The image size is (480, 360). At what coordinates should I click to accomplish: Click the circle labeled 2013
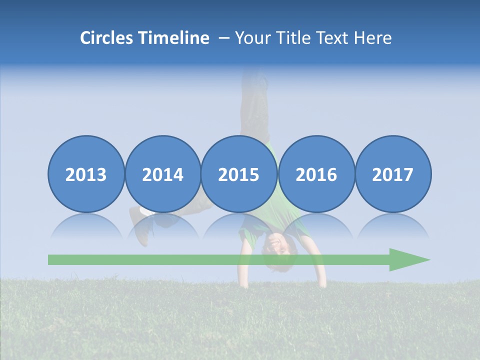86,174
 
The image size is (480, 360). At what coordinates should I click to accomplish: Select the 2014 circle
162,174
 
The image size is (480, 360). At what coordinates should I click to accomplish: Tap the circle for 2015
239,174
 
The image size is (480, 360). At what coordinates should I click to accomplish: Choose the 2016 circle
316,174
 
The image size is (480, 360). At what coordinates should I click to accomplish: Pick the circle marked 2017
392,174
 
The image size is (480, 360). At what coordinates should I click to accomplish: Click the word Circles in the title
107,38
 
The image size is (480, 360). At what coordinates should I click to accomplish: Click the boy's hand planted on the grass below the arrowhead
321,283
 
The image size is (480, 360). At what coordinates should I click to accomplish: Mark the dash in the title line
224,38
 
